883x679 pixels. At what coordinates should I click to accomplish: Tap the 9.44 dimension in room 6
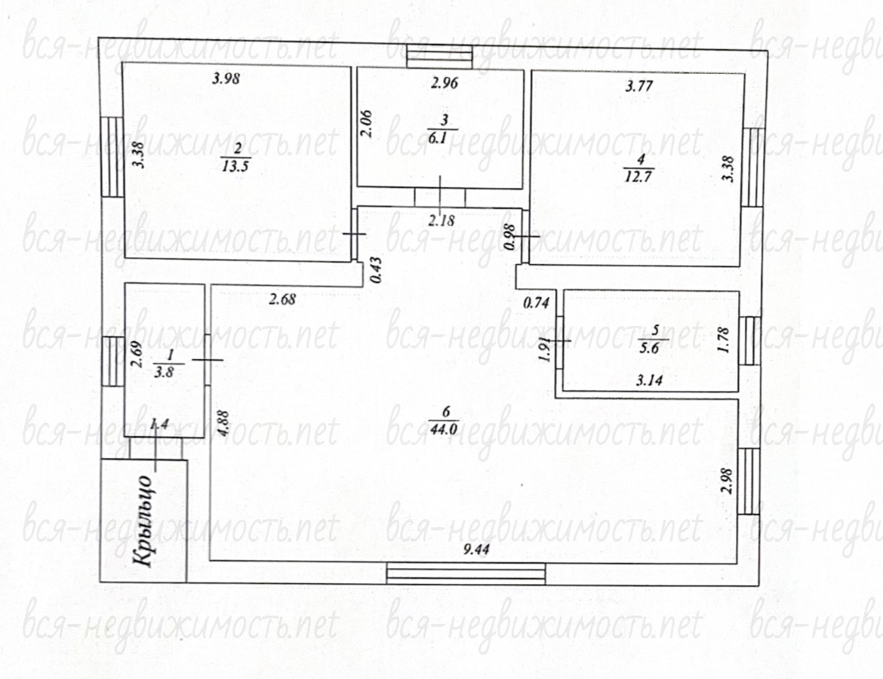coord(476,549)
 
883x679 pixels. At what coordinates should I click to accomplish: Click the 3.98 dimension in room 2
coord(226,78)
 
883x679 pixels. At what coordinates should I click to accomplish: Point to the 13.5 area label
coord(236,166)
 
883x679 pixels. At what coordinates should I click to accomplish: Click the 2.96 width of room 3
coord(445,83)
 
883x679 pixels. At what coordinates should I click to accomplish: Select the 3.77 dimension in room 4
coord(639,86)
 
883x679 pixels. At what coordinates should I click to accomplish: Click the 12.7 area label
coord(638,177)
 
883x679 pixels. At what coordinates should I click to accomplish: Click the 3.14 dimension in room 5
coord(649,381)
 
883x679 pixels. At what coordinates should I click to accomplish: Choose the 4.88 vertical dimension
coord(224,423)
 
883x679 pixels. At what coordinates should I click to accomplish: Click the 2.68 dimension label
coord(282,299)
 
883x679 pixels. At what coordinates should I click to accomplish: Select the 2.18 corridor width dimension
coord(441,220)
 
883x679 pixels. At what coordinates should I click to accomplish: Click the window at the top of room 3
coord(439,55)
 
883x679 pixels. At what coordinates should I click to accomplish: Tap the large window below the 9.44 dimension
coord(466,573)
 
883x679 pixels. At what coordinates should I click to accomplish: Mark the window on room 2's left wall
coord(112,156)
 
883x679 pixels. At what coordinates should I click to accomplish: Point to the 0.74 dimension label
coord(536,303)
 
